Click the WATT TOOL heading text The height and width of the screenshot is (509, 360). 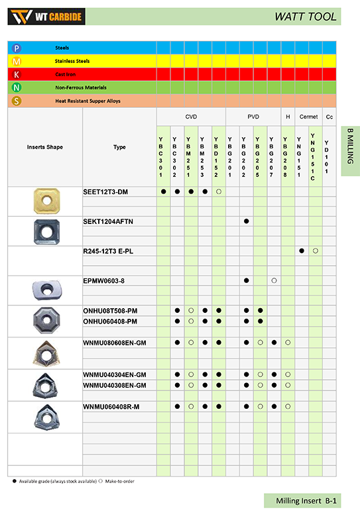[306, 17]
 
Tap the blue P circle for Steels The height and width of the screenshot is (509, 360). [17, 48]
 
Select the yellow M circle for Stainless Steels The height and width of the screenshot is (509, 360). [17, 61]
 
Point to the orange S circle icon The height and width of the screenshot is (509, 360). [17, 101]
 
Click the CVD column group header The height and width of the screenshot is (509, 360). [191, 117]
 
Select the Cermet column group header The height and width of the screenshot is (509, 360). [308, 117]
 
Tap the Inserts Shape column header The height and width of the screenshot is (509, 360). [45, 147]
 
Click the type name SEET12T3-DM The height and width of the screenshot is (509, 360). [105, 192]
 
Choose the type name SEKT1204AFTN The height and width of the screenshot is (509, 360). [108, 221]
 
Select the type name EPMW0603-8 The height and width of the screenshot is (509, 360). [104, 281]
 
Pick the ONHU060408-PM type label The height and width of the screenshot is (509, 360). [110, 320]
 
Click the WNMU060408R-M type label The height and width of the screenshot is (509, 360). [111, 406]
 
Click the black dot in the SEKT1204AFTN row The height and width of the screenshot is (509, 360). [247, 221]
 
